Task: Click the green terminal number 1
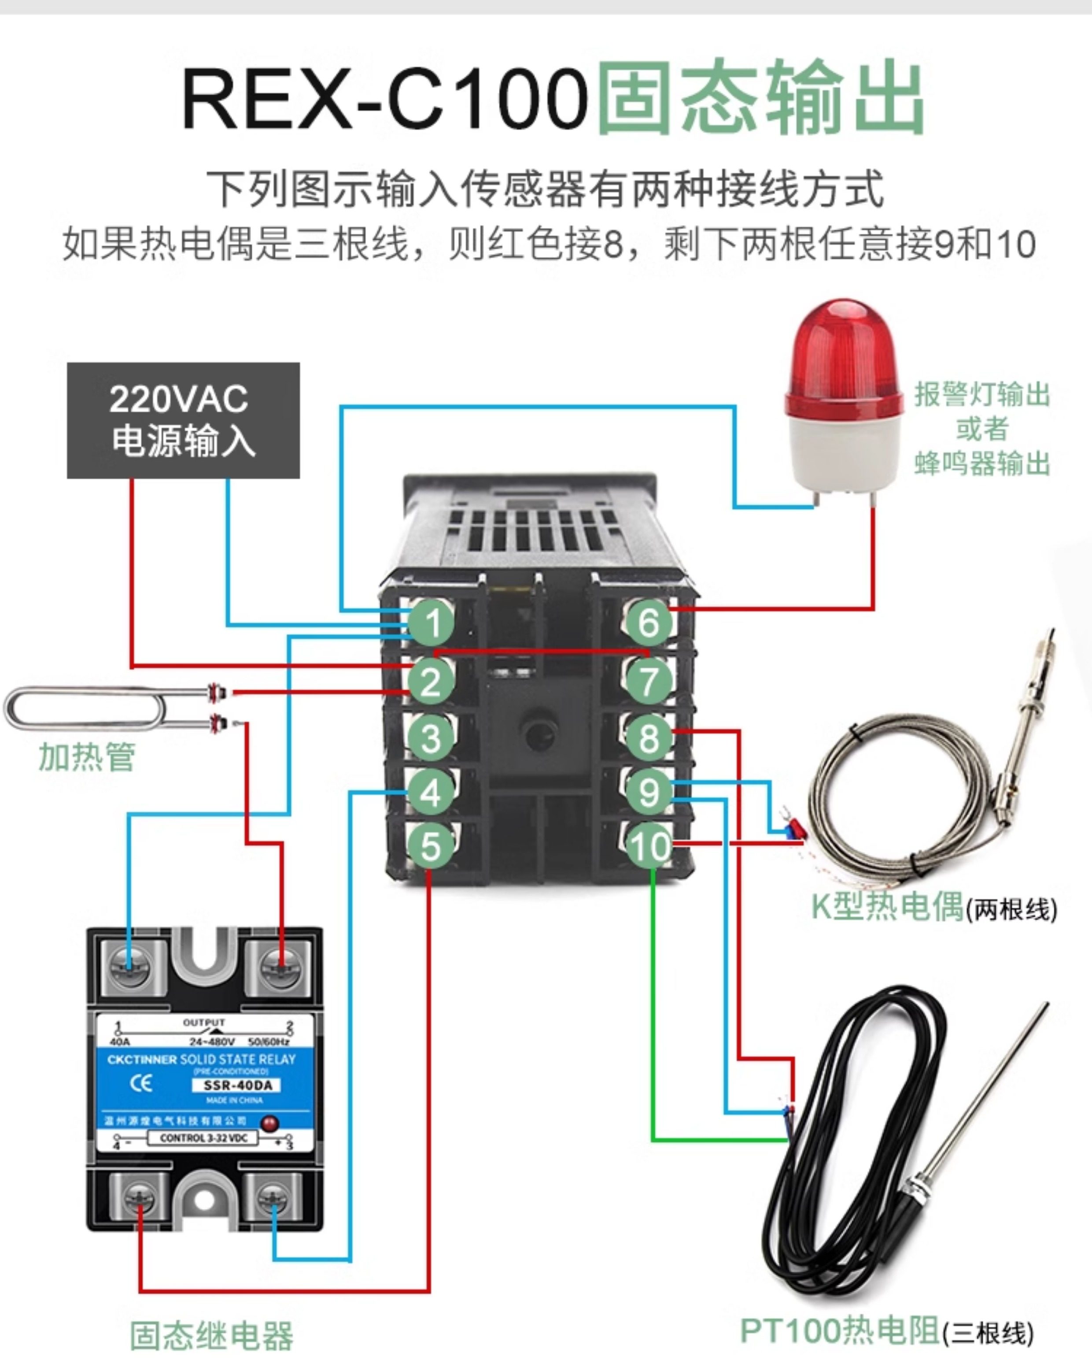coord(432,622)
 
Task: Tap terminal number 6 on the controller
coord(649,622)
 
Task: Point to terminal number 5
coord(431,846)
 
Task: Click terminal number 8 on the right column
coord(649,738)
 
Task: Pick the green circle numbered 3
coord(431,738)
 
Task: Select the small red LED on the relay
coord(270,1123)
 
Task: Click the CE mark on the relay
coord(140,1084)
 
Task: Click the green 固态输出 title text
coord(759,98)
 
